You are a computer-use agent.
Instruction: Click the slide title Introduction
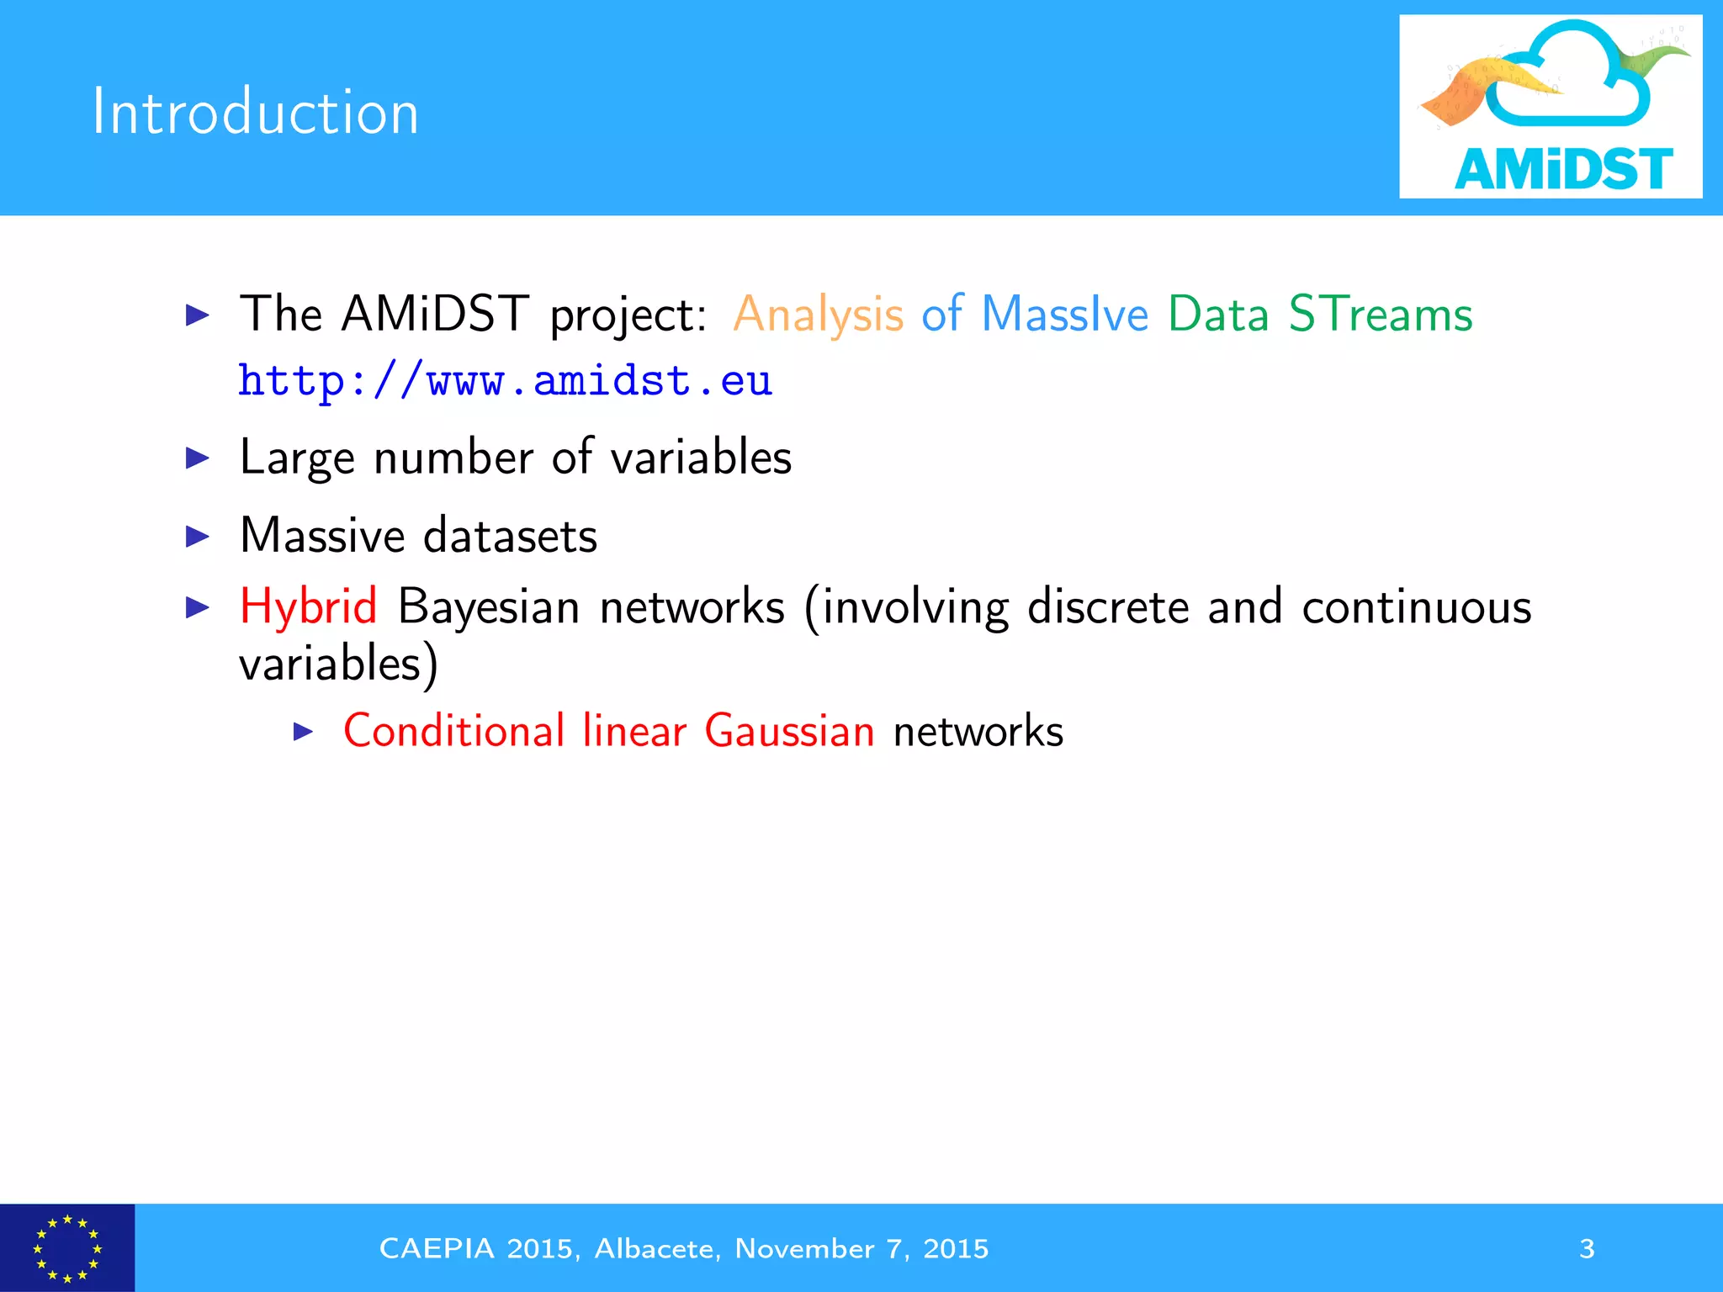click(x=255, y=112)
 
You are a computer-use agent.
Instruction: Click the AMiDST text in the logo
click(x=1563, y=169)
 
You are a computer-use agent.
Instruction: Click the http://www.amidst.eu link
click(x=505, y=381)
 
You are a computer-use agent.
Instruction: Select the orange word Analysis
click(x=818, y=315)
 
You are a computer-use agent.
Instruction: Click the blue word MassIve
click(x=1064, y=315)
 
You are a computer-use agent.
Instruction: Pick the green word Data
click(x=1217, y=315)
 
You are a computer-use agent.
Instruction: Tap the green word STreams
click(x=1381, y=315)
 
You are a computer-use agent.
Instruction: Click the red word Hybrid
click(x=308, y=606)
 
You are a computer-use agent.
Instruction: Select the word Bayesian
click(x=488, y=606)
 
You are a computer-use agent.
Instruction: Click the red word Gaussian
click(x=789, y=730)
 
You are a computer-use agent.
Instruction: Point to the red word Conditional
click(x=454, y=730)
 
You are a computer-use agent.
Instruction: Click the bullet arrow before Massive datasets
click(x=197, y=536)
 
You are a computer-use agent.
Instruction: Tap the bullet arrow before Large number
click(x=197, y=458)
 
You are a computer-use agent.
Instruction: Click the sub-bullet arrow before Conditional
click(x=303, y=732)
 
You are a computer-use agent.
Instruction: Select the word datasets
click(x=510, y=536)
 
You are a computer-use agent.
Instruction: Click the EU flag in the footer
click(x=67, y=1247)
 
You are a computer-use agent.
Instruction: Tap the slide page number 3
click(x=1587, y=1248)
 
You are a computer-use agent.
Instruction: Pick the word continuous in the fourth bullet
click(x=1416, y=606)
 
